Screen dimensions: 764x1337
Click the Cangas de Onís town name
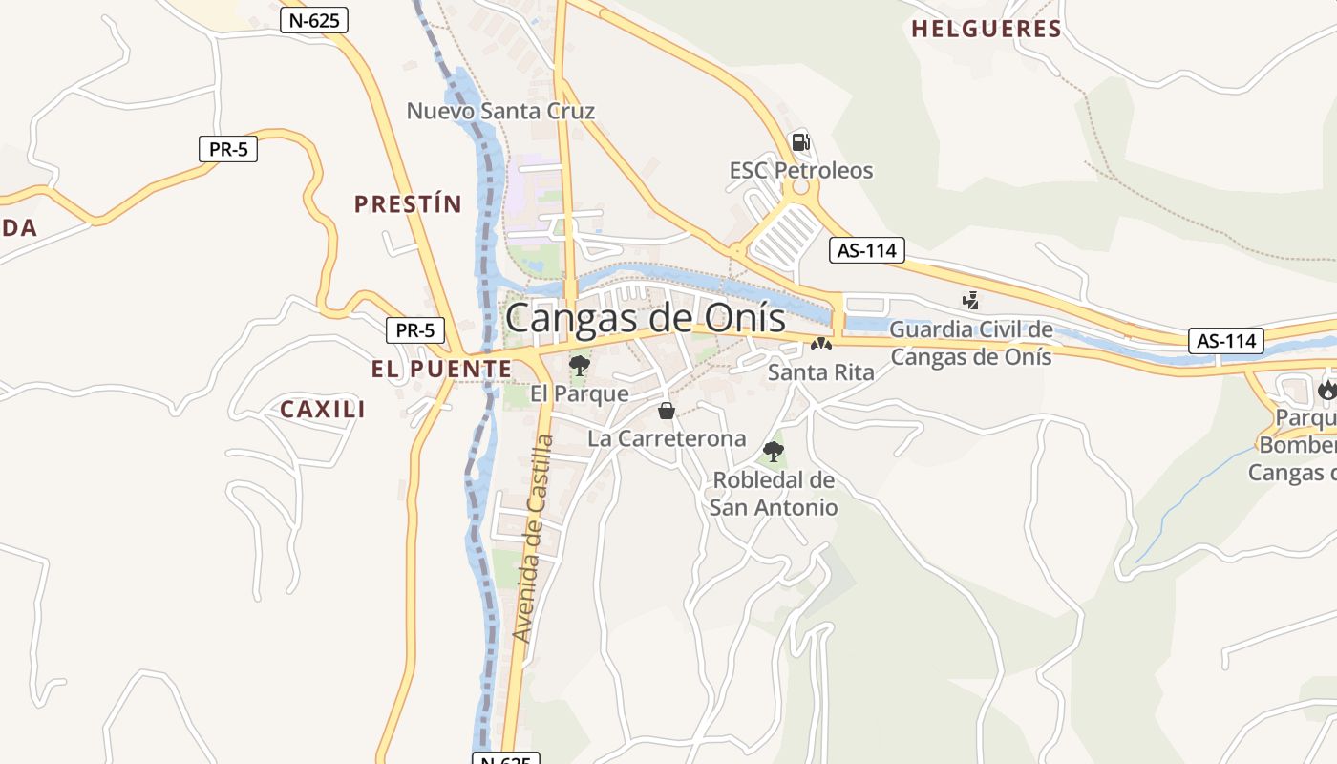point(645,318)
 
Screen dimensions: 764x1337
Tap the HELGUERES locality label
point(986,30)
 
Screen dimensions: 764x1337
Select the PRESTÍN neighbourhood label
point(408,203)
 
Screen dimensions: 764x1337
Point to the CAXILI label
point(323,410)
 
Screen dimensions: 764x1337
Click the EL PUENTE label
point(441,369)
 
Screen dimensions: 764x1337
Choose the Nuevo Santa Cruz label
point(500,111)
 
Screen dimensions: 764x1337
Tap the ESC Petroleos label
point(801,171)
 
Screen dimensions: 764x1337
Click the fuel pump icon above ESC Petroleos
point(800,142)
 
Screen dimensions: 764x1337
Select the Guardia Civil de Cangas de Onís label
point(971,344)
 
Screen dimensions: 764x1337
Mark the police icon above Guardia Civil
point(971,301)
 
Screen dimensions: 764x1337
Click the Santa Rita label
point(820,372)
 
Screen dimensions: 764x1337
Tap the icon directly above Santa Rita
point(820,343)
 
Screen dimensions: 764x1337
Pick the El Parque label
point(580,393)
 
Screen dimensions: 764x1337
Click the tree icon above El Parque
point(579,364)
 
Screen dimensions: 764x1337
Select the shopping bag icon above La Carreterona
point(667,411)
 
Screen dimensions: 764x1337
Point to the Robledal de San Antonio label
point(774,494)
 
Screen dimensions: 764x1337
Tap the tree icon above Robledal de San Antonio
point(774,451)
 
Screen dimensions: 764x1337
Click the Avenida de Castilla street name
point(532,539)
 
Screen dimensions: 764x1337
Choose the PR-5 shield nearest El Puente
point(415,331)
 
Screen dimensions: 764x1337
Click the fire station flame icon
point(1326,389)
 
